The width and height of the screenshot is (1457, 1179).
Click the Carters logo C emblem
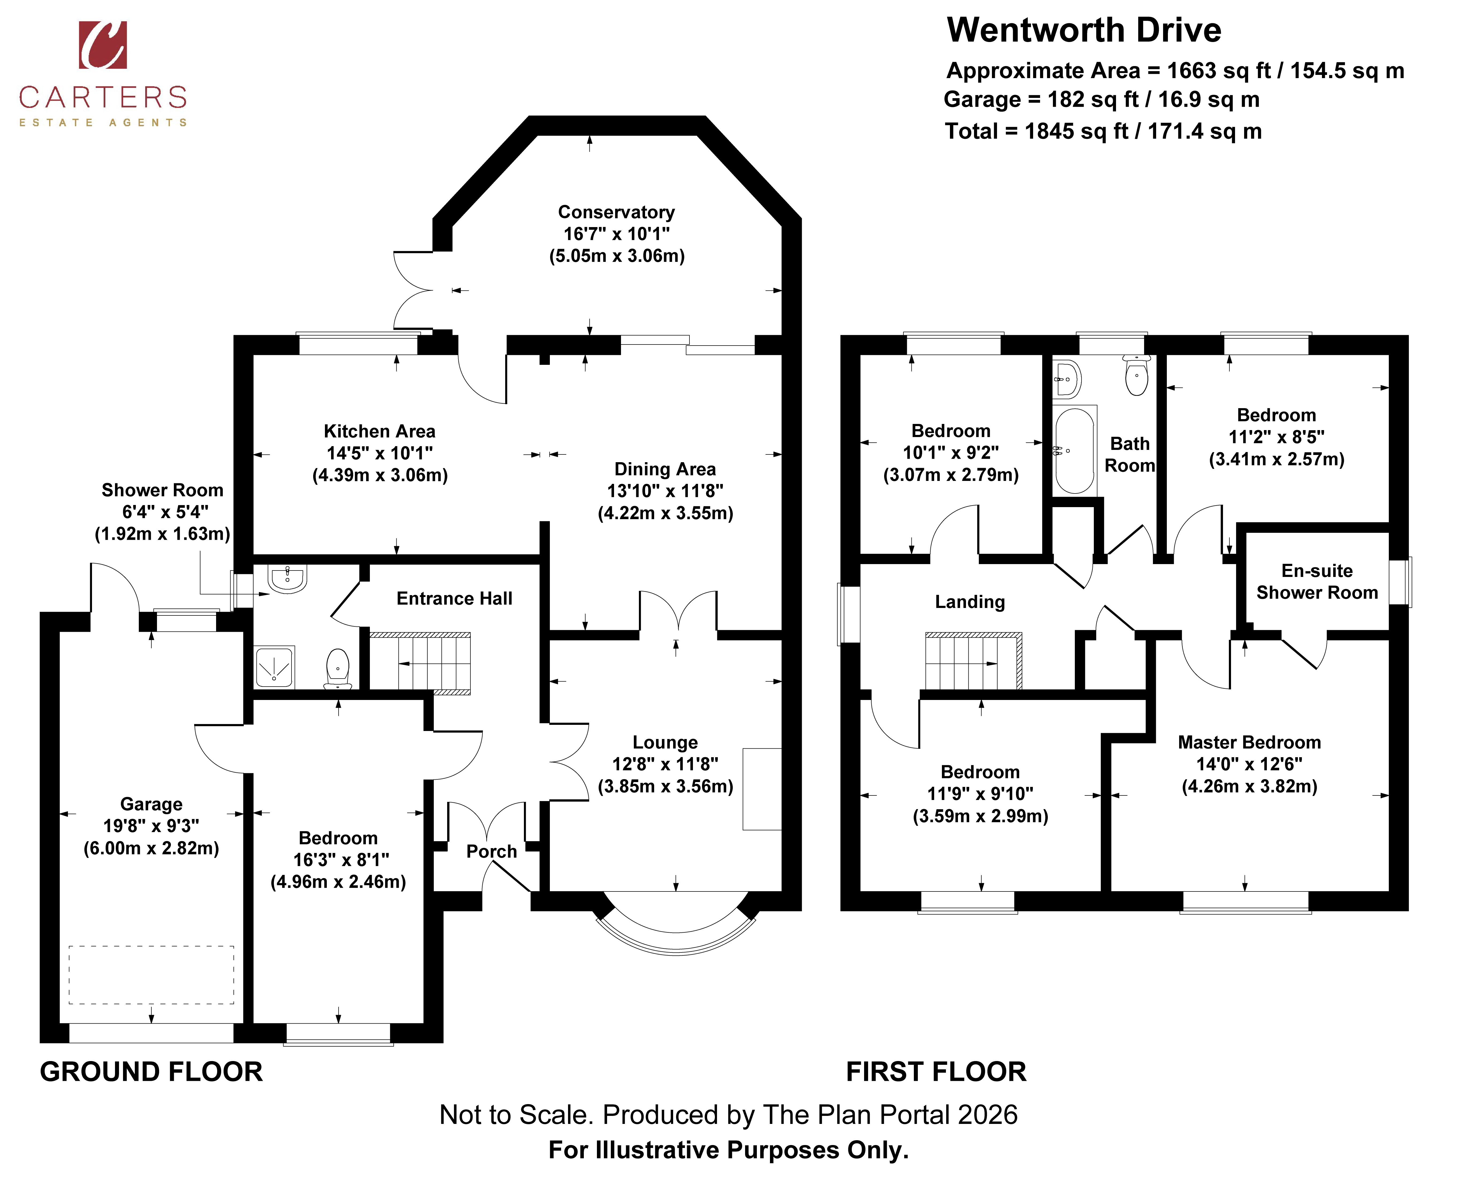click(x=102, y=45)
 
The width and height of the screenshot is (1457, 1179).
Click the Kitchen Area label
click(x=379, y=431)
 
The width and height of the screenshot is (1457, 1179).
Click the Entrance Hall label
click(x=454, y=598)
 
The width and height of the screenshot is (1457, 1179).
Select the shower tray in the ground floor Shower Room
click(x=275, y=666)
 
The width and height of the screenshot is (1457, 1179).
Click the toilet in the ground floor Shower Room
click(x=338, y=668)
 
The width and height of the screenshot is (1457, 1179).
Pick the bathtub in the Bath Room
click(x=1074, y=450)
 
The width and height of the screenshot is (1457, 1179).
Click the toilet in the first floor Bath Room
click(x=1137, y=375)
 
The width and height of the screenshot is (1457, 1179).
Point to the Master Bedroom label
click(x=1249, y=742)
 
